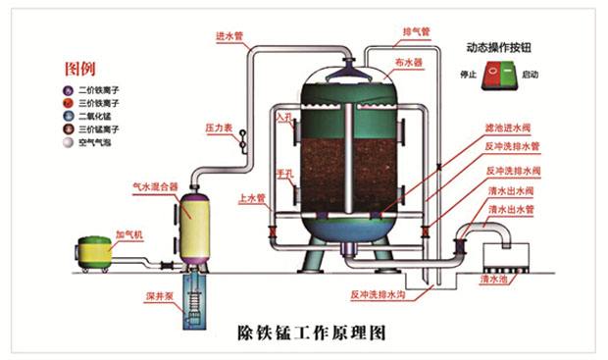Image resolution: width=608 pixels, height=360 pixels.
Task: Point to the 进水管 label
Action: [229, 36]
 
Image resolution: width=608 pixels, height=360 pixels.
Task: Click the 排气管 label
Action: [415, 31]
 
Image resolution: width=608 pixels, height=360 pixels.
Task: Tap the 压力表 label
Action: [217, 128]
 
